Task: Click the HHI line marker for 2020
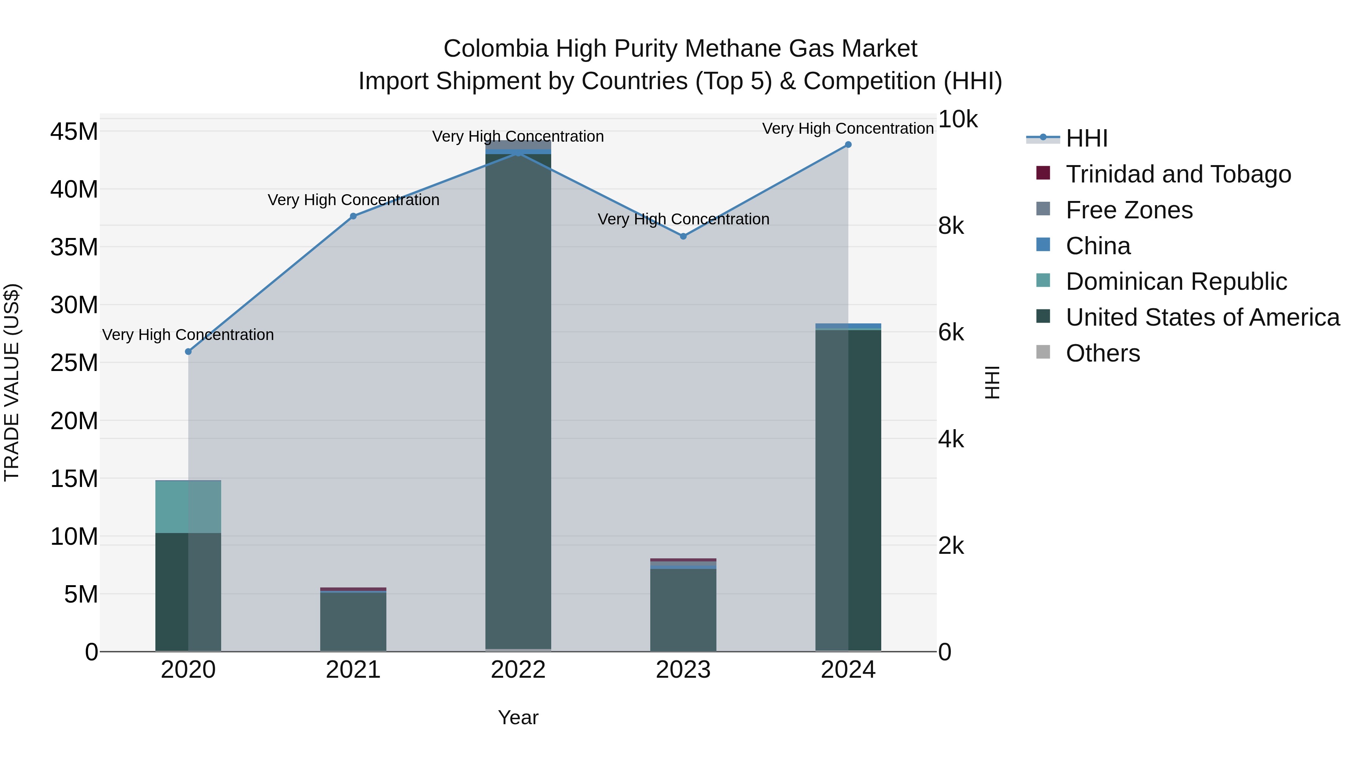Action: click(x=189, y=352)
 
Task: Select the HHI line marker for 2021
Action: click(x=353, y=216)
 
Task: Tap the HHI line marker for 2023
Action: click(x=683, y=236)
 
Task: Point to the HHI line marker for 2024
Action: click(x=848, y=145)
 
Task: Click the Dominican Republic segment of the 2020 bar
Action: click(x=188, y=507)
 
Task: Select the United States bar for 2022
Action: click(x=518, y=401)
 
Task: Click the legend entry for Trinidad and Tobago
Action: click(x=1178, y=174)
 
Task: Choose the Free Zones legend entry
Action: click(x=1128, y=210)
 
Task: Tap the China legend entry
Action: click(x=1098, y=246)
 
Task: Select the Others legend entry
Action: click(x=1103, y=353)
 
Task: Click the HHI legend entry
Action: click(x=1086, y=138)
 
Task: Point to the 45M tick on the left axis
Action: click(x=74, y=131)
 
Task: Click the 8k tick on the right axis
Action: click(x=951, y=226)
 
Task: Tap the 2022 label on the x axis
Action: click(x=518, y=670)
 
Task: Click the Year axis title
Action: click(x=518, y=717)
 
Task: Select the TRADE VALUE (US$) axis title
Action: click(x=12, y=382)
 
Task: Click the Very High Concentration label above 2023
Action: click(x=683, y=219)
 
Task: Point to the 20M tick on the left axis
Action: click(x=74, y=421)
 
